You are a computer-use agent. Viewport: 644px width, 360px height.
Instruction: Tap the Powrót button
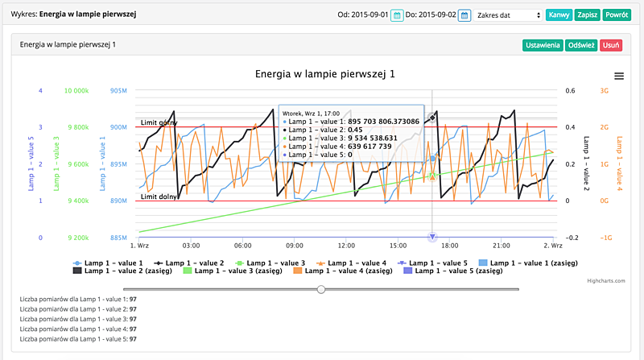pos(616,15)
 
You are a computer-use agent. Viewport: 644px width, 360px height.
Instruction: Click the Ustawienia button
pos(542,45)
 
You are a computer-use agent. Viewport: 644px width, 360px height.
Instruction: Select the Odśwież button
pos(581,45)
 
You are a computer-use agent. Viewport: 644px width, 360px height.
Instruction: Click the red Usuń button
pos(611,45)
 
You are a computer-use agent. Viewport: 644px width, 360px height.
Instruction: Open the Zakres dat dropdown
pos(508,15)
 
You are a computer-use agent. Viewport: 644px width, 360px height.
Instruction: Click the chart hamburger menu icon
pos(618,76)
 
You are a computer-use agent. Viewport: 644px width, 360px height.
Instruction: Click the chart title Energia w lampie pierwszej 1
pos(324,74)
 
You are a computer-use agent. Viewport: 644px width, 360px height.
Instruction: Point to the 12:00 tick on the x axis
pos(347,245)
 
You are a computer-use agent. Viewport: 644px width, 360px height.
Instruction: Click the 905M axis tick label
pos(119,90)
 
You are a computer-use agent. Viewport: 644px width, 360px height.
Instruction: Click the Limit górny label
pos(159,122)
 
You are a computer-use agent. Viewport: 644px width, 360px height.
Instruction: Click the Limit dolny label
pos(159,197)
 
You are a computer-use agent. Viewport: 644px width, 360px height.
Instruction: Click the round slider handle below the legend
pos(321,288)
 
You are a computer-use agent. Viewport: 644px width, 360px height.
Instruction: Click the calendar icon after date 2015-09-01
pos(397,15)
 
